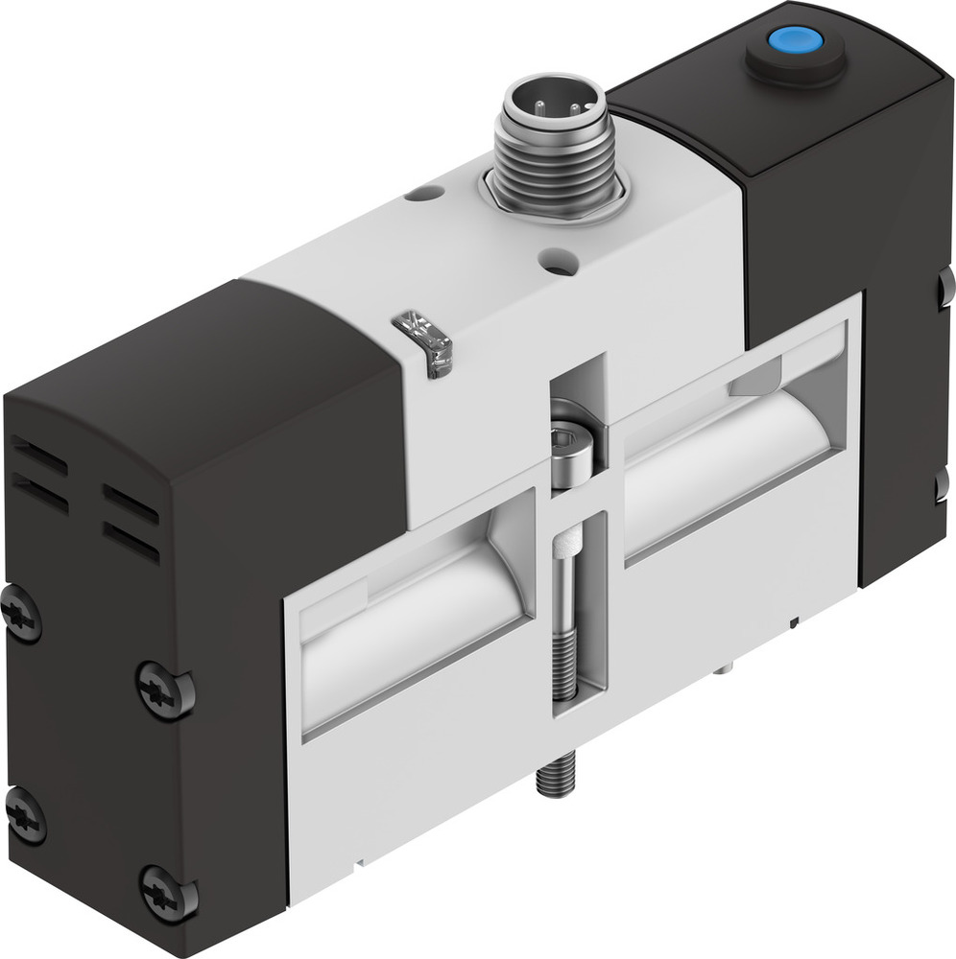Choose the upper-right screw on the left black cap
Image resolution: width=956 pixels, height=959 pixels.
point(162,689)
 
